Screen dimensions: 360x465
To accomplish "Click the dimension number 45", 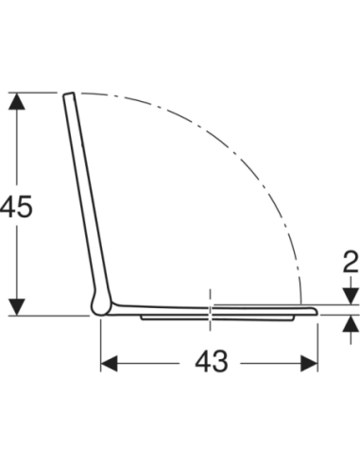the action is tap(16, 206).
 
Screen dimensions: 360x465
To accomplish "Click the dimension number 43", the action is tap(211, 362).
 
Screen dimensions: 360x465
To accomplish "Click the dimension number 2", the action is tap(350, 262).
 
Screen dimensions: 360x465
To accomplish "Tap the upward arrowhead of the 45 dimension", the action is tap(17, 101).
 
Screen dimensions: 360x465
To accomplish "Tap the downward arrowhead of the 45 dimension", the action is tap(17, 307).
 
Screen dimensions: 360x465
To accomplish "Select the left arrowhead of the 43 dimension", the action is tap(109, 364).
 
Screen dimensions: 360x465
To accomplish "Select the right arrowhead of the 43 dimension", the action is tap(309, 364).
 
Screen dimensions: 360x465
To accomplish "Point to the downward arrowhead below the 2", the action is tap(351, 297).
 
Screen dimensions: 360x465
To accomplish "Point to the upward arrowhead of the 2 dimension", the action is tap(351, 323).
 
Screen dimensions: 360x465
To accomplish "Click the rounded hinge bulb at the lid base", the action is tap(100, 305).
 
